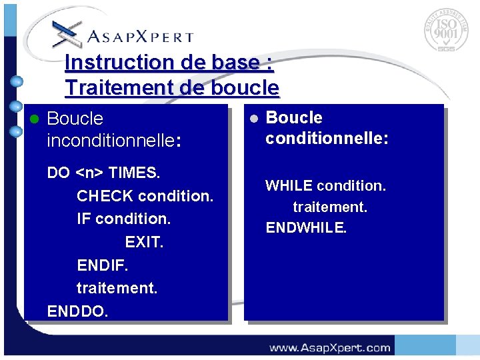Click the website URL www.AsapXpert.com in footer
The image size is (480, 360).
(329, 347)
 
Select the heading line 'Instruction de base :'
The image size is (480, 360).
(169, 63)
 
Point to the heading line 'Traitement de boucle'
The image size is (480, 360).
(172, 87)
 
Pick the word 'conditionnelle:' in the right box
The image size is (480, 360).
(327, 139)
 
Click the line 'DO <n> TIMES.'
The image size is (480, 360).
(103, 173)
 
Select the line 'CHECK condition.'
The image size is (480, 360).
(145, 196)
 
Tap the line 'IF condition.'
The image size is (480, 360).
(124, 219)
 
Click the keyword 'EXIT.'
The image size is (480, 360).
(144, 242)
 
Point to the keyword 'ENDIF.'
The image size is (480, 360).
(103, 265)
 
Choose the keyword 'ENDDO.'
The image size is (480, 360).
(77, 311)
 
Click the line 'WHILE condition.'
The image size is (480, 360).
(325, 185)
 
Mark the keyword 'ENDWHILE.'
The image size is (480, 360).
(306, 228)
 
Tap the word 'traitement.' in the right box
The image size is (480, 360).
(330, 207)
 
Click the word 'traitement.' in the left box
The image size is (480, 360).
(117, 288)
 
